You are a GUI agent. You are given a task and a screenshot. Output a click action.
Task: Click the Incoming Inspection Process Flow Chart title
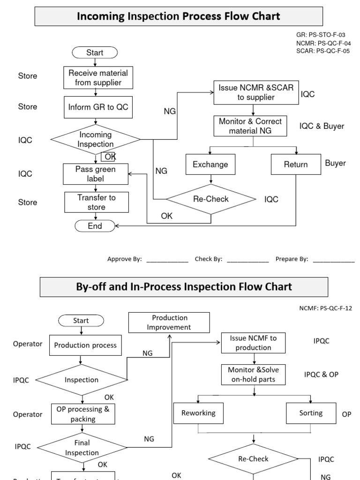(179, 16)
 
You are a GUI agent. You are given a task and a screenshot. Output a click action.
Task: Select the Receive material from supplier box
(98, 78)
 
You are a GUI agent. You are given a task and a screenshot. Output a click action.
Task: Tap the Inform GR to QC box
(98, 107)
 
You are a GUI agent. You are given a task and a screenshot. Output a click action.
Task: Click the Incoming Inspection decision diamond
(95, 140)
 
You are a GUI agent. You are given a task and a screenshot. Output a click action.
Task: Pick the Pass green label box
(96, 174)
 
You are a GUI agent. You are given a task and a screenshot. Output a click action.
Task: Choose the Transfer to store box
(97, 202)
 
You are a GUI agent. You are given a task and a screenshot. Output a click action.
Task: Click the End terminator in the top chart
(95, 226)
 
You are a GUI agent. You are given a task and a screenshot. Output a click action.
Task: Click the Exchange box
(210, 165)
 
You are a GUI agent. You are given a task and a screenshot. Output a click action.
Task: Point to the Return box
(296, 165)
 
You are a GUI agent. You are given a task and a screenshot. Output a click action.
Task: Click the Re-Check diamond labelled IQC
(211, 199)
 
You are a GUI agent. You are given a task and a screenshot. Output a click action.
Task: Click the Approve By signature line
(167, 259)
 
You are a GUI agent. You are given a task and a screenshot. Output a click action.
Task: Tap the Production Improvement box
(169, 322)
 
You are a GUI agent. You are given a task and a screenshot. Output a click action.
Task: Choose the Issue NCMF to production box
(254, 343)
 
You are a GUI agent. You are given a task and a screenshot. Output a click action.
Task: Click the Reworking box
(199, 413)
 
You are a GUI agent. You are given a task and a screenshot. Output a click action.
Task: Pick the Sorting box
(311, 413)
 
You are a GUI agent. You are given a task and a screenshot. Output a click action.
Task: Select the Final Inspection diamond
(82, 448)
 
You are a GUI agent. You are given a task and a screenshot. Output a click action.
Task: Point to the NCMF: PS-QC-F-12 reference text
(325, 308)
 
